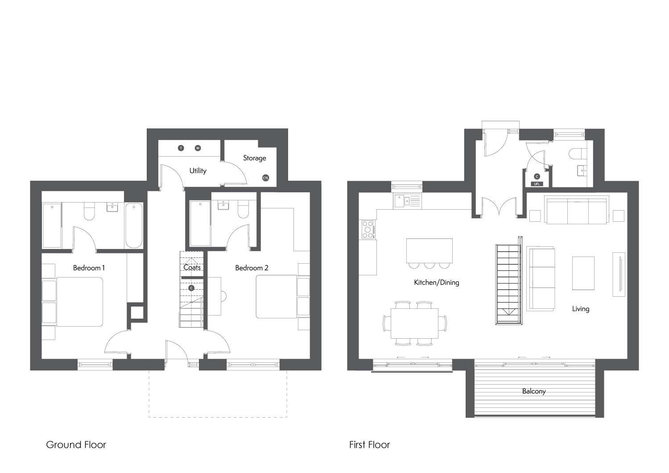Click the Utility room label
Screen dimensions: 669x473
point(198,170)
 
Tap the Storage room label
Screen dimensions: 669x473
point(255,158)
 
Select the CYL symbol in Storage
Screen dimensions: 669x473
point(265,178)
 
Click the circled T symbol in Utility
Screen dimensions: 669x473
point(181,148)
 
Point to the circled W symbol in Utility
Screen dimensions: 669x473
point(198,148)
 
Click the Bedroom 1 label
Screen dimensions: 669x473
point(89,268)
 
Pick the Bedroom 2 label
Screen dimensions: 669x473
point(252,268)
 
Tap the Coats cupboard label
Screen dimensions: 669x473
point(192,267)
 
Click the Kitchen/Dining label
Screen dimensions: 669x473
point(436,282)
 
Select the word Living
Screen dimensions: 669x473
point(581,309)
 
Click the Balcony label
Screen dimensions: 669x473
point(534,391)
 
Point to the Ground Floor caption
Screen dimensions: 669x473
point(76,444)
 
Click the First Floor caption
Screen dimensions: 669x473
point(369,444)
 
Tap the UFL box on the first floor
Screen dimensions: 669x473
point(537,184)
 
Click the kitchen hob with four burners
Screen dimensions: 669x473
point(368,230)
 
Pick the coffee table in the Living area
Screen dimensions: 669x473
point(583,273)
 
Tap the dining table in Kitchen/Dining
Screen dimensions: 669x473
point(414,324)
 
